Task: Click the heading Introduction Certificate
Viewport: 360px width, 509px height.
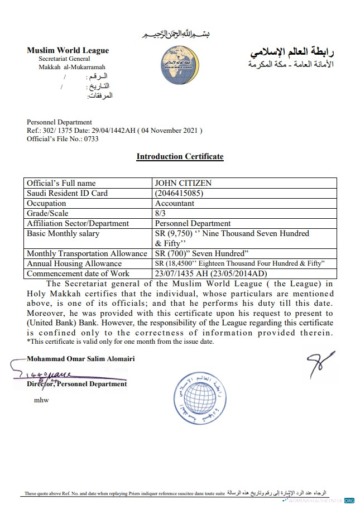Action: point(180,156)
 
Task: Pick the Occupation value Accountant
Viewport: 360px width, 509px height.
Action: point(175,203)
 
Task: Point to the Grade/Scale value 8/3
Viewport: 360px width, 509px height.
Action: point(161,213)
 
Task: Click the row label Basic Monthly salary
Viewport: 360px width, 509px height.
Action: point(63,233)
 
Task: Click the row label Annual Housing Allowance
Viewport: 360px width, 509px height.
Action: point(74,263)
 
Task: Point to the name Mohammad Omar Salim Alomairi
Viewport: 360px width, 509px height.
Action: point(81,359)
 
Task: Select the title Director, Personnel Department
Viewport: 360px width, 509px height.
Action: point(77,384)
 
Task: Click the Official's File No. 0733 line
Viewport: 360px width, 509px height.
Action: point(63,139)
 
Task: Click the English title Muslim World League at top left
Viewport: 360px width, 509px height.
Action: point(68,50)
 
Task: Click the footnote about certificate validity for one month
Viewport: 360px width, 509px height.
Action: point(119,341)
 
